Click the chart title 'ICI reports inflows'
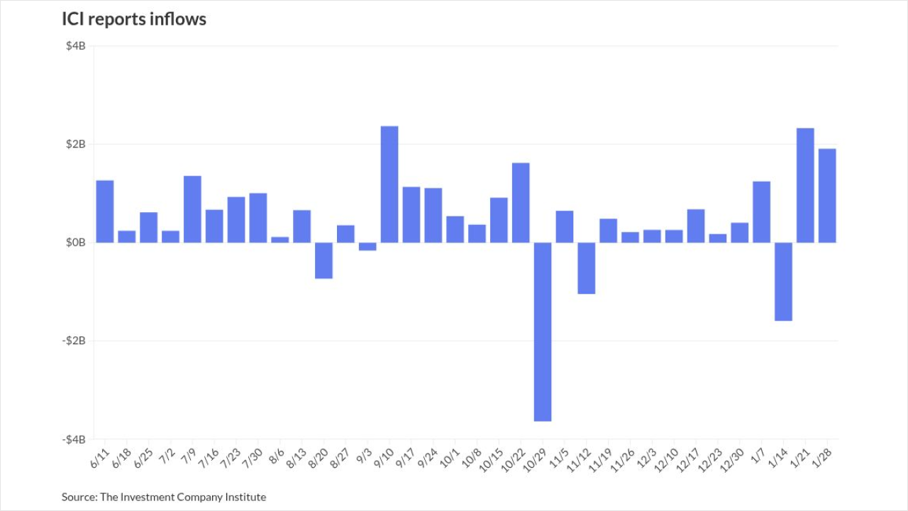(x=134, y=20)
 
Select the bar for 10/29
(x=543, y=331)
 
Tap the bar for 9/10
(x=389, y=185)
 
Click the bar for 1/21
(x=805, y=185)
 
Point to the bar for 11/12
(x=587, y=268)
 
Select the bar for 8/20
(x=323, y=260)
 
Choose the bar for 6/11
(x=105, y=211)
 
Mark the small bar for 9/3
(x=367, y=247)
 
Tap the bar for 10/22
(x=521, y=203)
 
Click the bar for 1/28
(x=827, y=196)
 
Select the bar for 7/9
(x=192, y=209)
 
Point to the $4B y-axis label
(x=76, y=47)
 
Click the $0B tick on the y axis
(x=76, y=243)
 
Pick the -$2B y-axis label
(x=74, y=341)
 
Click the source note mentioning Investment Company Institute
(x=164, y=497)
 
